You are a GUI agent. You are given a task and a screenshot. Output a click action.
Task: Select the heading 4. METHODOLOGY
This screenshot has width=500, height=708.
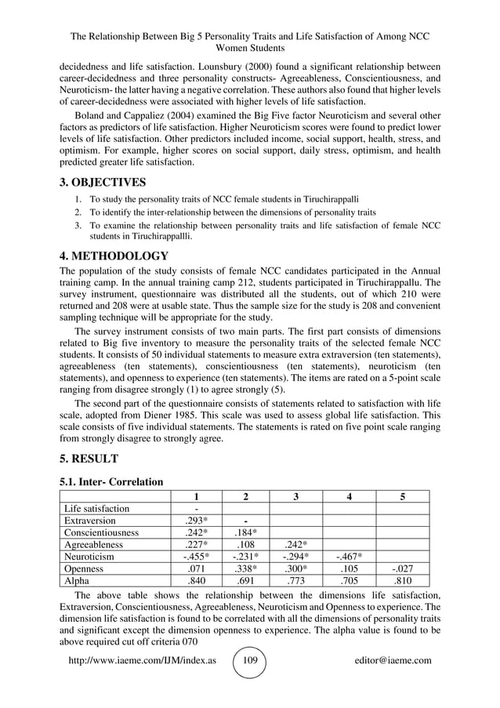[114, 256]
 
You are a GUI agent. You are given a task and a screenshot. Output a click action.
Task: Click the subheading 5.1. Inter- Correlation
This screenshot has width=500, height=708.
[112, 481]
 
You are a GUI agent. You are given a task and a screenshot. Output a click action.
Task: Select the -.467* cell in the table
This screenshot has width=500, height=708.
[348, 557]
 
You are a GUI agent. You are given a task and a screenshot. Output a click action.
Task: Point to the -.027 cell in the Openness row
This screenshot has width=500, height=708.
[402, 569]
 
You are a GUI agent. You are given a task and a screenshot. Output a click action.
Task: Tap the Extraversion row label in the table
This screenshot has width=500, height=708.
[90, 521]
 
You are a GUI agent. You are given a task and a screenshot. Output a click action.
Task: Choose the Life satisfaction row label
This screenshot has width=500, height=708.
[97, 508]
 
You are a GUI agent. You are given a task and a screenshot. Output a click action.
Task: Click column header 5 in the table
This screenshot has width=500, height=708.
[402, 496]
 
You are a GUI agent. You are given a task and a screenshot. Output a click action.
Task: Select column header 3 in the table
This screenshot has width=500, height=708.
[295, 496]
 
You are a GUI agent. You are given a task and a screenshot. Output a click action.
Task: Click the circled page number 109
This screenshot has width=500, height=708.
[250, 660]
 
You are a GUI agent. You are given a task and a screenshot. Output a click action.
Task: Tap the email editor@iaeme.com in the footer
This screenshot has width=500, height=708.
[393, 660]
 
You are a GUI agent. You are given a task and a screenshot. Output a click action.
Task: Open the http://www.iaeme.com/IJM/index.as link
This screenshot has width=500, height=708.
[143, 660]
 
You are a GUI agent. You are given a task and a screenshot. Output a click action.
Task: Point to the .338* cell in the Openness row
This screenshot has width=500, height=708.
[245, 569]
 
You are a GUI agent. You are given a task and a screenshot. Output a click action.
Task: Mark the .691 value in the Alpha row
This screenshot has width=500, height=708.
[245, 581]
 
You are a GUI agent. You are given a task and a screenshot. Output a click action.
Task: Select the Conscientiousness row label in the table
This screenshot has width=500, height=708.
[101, 532]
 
